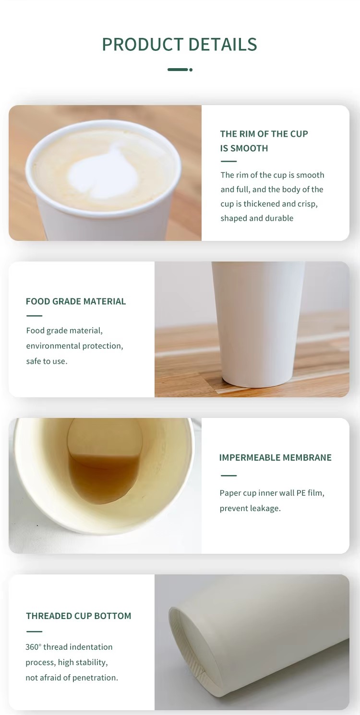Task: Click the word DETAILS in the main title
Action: [223, 45]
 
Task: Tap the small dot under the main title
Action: [191, 70]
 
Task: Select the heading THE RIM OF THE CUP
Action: [264, 134]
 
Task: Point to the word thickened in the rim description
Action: [262, 204]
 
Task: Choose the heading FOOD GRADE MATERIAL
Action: [76, 301]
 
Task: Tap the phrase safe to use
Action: [47, 361]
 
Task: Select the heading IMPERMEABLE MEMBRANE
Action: [275, 458]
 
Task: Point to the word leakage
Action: [265, 509]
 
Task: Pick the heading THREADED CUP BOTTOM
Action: [78, 616]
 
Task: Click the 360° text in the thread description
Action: [33, 647]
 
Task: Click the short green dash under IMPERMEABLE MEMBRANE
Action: [228, 476]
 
